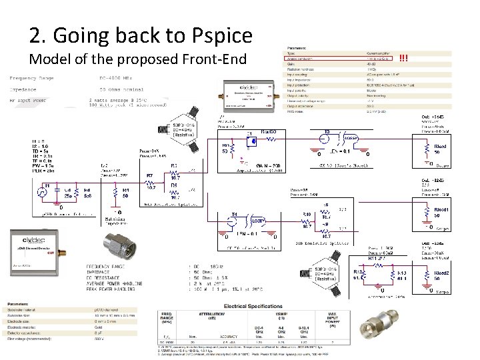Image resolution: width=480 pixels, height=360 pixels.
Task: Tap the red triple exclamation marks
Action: point(403,57)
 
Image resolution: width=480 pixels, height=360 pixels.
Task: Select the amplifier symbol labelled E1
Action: point(249,142)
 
